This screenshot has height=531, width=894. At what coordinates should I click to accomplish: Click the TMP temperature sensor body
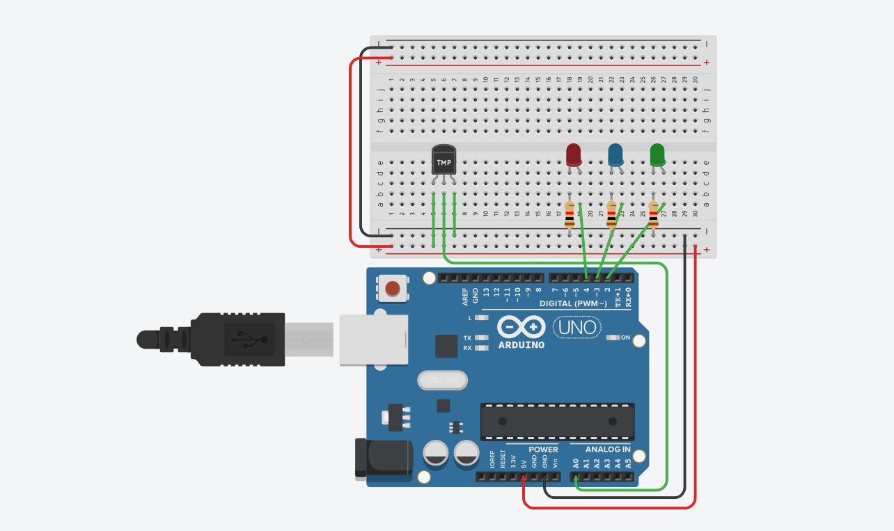444,159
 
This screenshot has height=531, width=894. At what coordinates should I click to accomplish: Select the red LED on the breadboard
574,154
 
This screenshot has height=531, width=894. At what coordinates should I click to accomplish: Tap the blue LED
615,154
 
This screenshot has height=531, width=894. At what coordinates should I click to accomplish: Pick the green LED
657,154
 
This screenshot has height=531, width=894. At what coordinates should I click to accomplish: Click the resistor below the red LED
570,214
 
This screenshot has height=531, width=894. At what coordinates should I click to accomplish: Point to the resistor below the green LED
653,214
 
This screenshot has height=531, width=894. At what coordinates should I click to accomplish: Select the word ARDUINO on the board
521,344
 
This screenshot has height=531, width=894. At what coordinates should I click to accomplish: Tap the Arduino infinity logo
521,327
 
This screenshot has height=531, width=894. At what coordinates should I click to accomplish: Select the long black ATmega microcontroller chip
557,421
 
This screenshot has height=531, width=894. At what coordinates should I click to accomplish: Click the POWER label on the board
543,450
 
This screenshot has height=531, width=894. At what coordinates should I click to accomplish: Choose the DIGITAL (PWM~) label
573,303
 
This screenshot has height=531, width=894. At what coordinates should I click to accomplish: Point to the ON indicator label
625,338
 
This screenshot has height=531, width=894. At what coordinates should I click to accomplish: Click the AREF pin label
465,297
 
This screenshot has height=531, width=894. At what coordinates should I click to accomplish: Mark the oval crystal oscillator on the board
441,380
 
